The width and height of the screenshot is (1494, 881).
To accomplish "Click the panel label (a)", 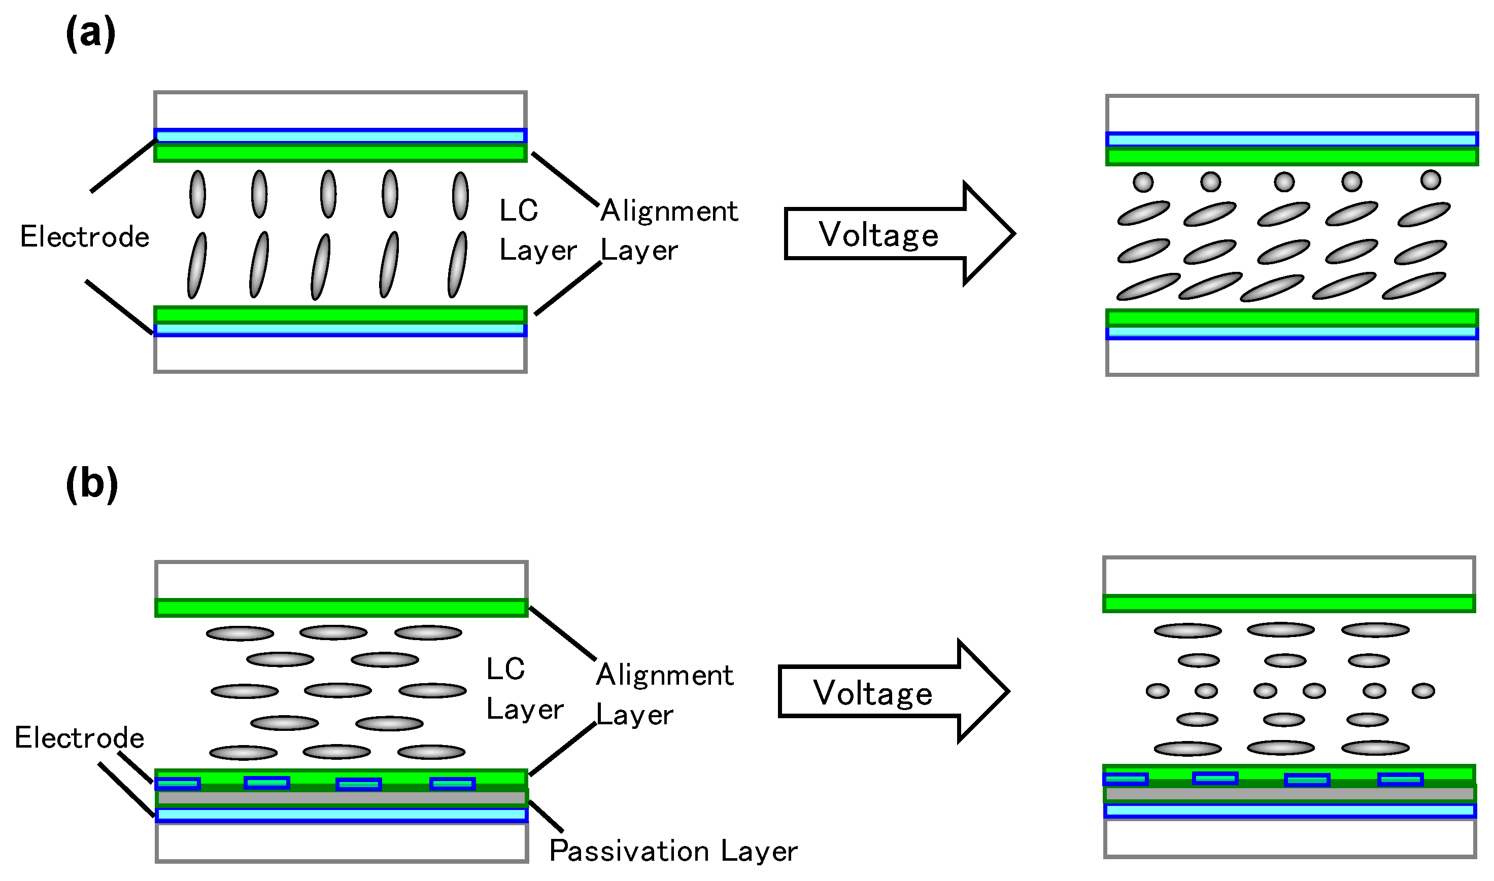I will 90,33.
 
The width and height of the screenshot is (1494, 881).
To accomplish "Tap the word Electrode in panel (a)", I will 84,237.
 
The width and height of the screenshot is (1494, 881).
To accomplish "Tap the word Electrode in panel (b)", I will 79,738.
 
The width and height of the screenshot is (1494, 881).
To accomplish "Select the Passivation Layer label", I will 673,851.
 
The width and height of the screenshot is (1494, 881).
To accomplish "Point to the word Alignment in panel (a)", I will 669,212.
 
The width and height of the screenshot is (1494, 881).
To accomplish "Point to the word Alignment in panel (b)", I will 664,676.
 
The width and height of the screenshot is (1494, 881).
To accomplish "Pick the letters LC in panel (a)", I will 519,211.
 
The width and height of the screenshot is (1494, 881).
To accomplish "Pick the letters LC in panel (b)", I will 505,669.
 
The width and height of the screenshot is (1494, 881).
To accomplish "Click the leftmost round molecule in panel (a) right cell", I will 1143,182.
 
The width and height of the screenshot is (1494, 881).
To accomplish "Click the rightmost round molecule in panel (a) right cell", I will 1431,179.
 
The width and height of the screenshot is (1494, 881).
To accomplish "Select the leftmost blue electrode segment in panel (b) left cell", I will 178,784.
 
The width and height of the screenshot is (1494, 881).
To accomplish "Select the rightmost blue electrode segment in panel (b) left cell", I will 453,784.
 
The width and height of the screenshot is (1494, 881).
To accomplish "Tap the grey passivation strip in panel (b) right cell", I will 1289,794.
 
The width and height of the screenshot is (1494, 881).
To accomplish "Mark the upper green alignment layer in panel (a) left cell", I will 340,153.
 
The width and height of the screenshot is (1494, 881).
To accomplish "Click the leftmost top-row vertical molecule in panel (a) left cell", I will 198,194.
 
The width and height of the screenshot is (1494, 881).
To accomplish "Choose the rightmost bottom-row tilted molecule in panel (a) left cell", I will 457,265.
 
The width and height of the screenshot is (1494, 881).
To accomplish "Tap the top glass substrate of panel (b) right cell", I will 1288,576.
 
